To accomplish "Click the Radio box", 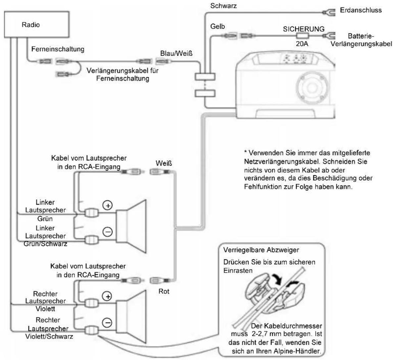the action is pyautogui.click(x=37, y=25).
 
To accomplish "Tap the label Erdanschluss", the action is pyautogui.click(x=361, y=10).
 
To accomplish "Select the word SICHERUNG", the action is pyautogui.click(x=304, y=29).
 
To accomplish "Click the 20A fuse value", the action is pyautogui.click(x=302, y=44).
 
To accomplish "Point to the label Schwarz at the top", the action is pyautogui.click(x=223, y=6).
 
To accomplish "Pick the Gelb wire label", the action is pyautogui.click(x=218, y=26).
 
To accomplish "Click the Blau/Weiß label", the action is pyautogui.click(x=176, y=54).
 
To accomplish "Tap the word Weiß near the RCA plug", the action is pyautogui.click(x=164, y=163).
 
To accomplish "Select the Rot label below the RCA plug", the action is pyautogui.click(x=164, y=291).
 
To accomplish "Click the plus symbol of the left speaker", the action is pyautogui.click(x=108, y=206).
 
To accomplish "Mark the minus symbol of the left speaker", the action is pyautogui.click(x=108, y=231).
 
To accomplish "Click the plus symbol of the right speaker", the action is pyautogui.click(x=107, y=296).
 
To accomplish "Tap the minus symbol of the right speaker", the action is pyautogui.click(x=107, y=323).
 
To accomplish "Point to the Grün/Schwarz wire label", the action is pyautogui.click(x=45, y=244).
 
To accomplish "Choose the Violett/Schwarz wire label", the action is pyautogui.click(x=49, y=336).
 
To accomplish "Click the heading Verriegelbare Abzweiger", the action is pyautogui.click(x=261, y=250).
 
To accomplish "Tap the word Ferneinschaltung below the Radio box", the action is pyautogui.click(x=58, y=49).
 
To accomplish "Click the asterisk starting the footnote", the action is pyautogui.click(x=245, y=152).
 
